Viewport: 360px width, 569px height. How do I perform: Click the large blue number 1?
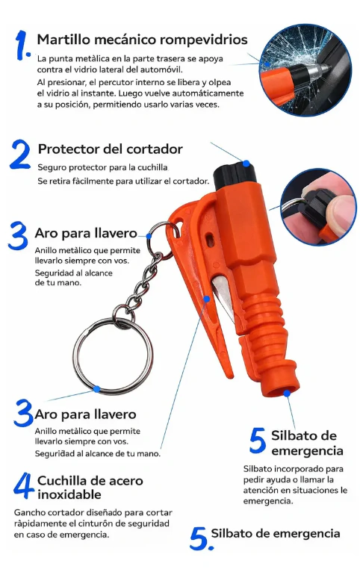tap(22, 45)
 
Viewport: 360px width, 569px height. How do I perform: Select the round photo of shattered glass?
tap(305, 70)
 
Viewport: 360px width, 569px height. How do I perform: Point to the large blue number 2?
tap(20, 155)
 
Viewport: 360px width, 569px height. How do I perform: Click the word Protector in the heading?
tap(64, 149)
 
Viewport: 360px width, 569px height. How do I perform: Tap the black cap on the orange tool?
tap(235, 175)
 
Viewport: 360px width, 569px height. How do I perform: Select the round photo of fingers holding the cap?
tap(318, 207)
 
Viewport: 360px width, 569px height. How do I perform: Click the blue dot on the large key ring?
tap(96, 389)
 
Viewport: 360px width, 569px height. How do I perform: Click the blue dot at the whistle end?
tap(287, 394)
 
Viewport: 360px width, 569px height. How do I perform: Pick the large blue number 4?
tap(24, 485)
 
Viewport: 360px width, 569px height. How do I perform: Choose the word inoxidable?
tap(69, 494)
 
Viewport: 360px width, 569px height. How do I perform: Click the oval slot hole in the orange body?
tap(209, 239)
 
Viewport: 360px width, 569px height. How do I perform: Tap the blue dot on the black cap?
tap(246, 164)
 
